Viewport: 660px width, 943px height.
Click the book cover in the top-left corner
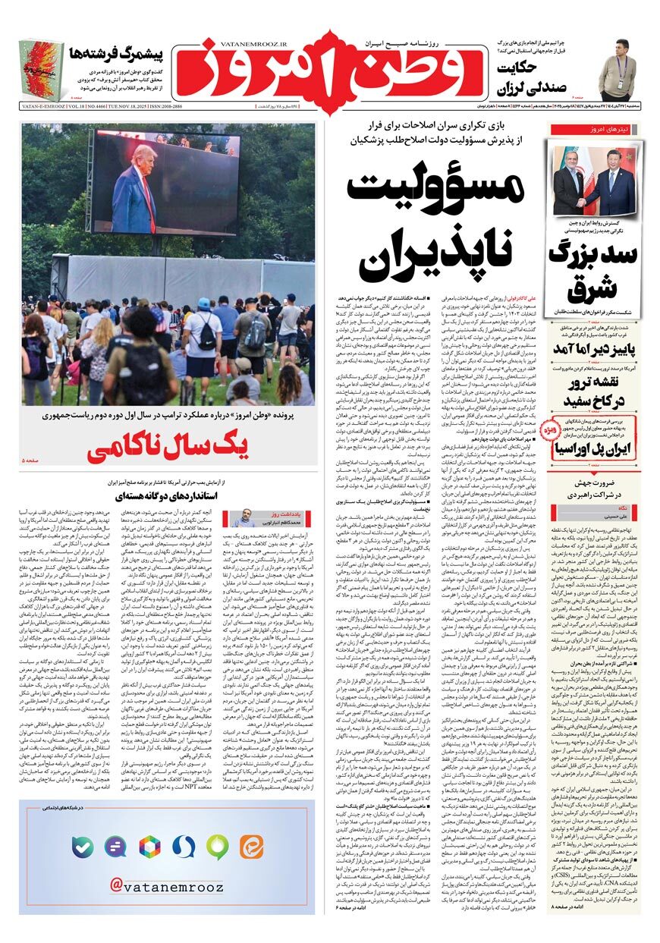41,71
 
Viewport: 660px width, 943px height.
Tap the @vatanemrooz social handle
167,885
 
